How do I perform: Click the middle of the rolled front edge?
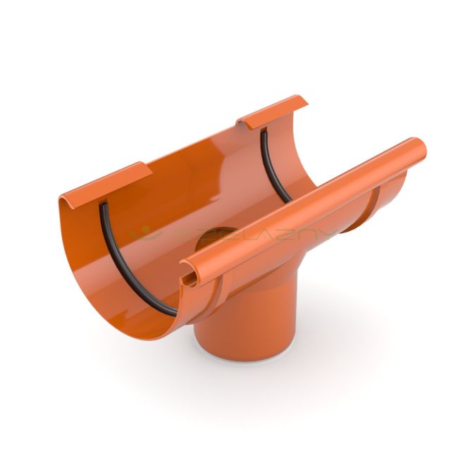pyautogui.click(x=303, y=211)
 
